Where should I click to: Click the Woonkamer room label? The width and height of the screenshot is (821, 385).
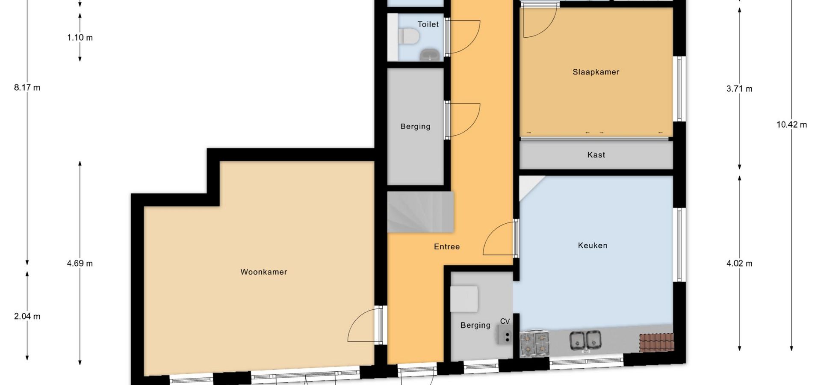(x=263, y=272)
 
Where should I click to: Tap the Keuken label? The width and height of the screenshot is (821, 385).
(x=593, y=246)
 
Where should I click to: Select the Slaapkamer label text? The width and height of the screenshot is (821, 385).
(x=596, y=72)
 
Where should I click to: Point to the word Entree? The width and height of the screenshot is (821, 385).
(x=447, y=247)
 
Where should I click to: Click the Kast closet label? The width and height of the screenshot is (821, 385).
(x=596, y=155)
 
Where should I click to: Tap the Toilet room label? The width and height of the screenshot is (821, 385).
(x=428, y=24)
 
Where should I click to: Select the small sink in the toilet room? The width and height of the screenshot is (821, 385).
(x=429, y=55)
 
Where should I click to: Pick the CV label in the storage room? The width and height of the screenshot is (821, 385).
(x=505, y=322)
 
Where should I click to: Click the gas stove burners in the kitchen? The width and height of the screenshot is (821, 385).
(x=535, y=344)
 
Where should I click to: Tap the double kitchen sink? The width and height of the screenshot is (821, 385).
(x=585, y=340)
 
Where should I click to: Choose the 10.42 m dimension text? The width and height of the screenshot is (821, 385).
(x=791, y=125)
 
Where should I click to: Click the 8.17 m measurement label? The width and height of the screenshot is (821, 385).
(x=27, y=88)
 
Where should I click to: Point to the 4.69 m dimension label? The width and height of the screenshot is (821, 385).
(x=80, y=264)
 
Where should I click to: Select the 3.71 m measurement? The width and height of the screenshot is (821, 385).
(x=739, y=89)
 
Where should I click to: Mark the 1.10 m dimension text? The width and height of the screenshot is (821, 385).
(x=80, y=38)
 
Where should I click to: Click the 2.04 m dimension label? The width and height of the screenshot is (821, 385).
(x=27, y=317)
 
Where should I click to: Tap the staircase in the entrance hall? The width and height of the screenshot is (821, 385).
(x=420, y=212)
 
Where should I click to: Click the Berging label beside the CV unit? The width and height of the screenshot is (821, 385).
(x=475, y=326)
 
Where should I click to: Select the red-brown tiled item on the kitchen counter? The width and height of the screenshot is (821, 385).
(x=657, y=343)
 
